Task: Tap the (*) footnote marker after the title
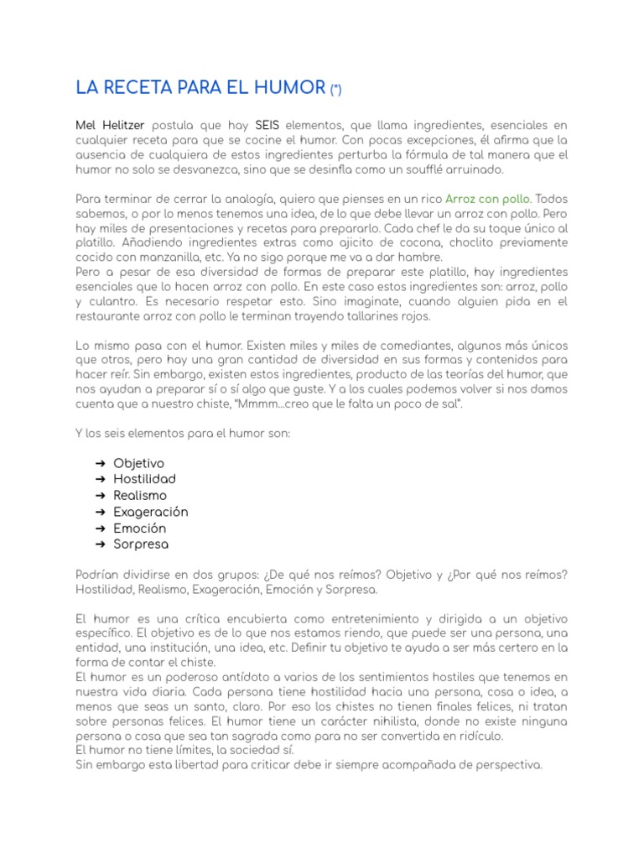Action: (335, 89)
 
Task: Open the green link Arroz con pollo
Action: (487, 199)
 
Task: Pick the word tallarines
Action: (362, 315)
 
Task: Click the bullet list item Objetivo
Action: (139, 463)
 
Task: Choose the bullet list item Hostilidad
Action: (144, 479)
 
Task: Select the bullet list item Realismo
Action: (140, 495)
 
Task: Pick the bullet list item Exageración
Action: (151, 512)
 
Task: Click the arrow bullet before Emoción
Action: (100, 528)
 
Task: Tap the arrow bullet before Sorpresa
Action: (100, 544)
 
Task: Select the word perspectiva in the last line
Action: (504, 764)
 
